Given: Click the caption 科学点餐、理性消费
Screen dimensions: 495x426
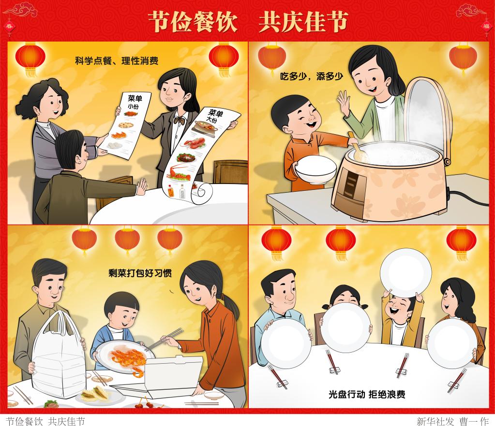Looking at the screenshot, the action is click(117, 60).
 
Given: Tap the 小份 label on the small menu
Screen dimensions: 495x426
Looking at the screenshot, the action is click(133, 106).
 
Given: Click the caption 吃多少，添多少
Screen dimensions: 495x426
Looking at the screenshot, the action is click(312, 76).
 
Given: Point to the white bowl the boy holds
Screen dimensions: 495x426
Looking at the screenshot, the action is click(315, 169).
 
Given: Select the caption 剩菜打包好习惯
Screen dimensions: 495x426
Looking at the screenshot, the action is click(140, 273).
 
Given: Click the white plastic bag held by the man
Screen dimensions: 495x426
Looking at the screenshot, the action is click(59, 355).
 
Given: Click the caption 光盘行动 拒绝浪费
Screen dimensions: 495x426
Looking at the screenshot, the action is click(367, 394).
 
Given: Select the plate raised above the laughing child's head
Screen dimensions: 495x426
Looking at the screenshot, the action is click(405, 273).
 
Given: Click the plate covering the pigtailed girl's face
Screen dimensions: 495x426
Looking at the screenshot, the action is click(345, 328).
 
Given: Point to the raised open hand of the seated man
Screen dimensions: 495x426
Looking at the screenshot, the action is click(142, 187).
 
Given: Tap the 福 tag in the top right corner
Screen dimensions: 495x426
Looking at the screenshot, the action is click(486, 26).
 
